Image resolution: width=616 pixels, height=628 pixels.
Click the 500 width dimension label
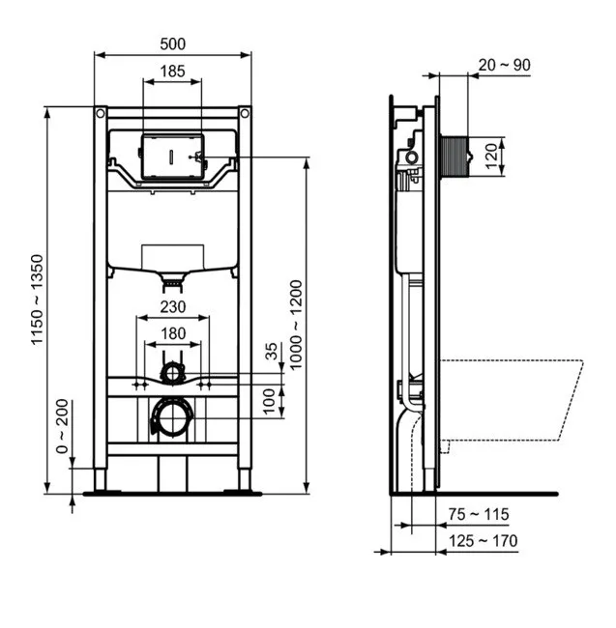click(173, 43)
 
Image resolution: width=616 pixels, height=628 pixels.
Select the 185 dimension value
click(172, 71)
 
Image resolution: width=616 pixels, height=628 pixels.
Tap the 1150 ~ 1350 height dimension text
click(37, 300)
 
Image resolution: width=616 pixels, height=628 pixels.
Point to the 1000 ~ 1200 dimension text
click(295, 326)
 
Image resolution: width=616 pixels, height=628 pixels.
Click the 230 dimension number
click(173, 307)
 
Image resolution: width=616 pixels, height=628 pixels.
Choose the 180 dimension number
click(173, 333)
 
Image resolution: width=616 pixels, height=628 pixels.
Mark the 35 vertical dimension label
click(272, 352)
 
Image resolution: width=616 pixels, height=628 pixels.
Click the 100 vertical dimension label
click(269, 401)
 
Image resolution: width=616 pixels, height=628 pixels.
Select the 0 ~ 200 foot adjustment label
click(62, 426)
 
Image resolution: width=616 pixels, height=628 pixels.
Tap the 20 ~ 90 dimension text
click(504, 65)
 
